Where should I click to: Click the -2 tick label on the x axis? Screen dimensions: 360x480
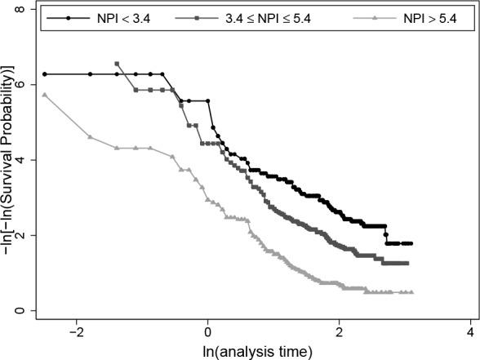click(x=76, y=333)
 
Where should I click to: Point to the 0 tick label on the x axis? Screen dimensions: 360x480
click(x=208, y=333)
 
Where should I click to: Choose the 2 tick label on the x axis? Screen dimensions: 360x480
click(x=340, y=333)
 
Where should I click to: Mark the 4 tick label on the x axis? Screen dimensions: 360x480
click(x=471, y=333)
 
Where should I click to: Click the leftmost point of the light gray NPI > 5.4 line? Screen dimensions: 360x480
click(x=45, y=95)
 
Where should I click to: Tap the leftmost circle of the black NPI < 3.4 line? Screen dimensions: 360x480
click(x=45, y=74)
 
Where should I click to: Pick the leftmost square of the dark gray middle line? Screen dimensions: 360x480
click(x=118, y=64)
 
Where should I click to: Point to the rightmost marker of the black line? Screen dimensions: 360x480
click(x=411, y=243)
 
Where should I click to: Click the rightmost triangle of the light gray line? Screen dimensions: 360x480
click(x=411, y=291)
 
